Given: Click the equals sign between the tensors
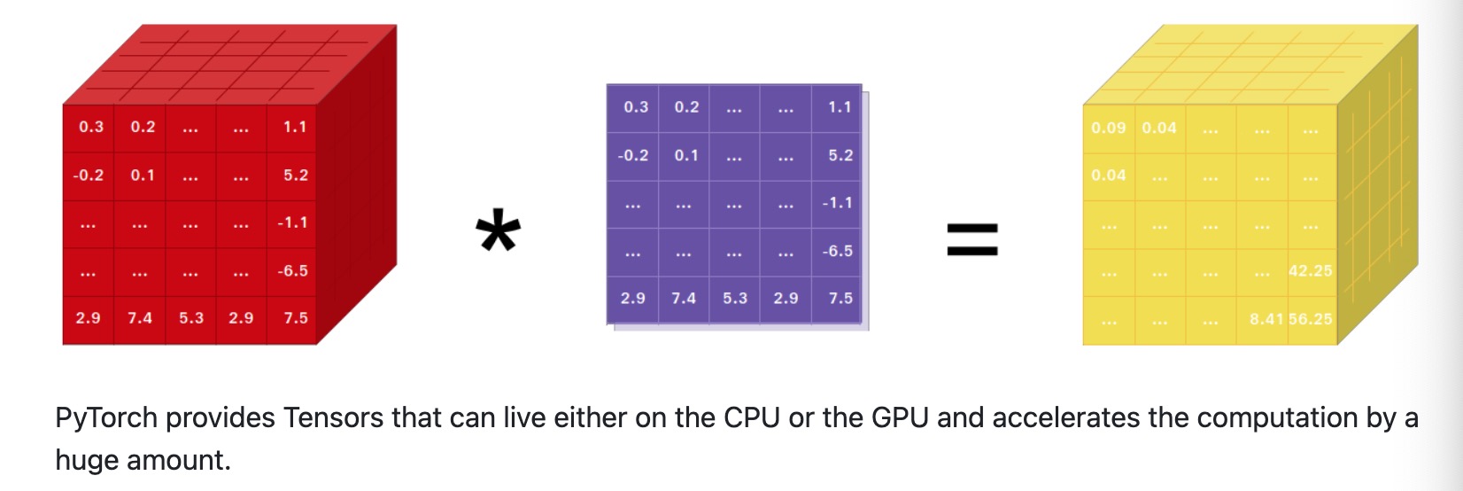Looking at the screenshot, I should [972, 238].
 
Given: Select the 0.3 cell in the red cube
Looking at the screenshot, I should [91, 127].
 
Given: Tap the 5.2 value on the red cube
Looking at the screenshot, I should [296, 175].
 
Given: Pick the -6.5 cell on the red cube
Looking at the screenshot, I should [292, 270].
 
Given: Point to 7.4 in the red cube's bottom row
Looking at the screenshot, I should [140, 317].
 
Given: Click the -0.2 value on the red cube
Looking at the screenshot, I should [89, 175].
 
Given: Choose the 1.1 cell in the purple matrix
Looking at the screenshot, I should [840, 107].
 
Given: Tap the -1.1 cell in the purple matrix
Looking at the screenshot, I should [837, 202].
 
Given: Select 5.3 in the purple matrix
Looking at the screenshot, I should [735, 298].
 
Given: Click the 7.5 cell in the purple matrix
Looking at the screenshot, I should [840, 298].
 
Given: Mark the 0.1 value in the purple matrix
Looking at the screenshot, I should [686, 155].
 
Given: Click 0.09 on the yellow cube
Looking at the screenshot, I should [1108, 128].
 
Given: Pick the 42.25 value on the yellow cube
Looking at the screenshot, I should [1310, 270].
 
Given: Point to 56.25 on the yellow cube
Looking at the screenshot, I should [1310, 318].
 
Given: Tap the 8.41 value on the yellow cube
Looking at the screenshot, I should [1266, 318].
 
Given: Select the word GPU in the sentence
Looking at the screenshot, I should [900, 417].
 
